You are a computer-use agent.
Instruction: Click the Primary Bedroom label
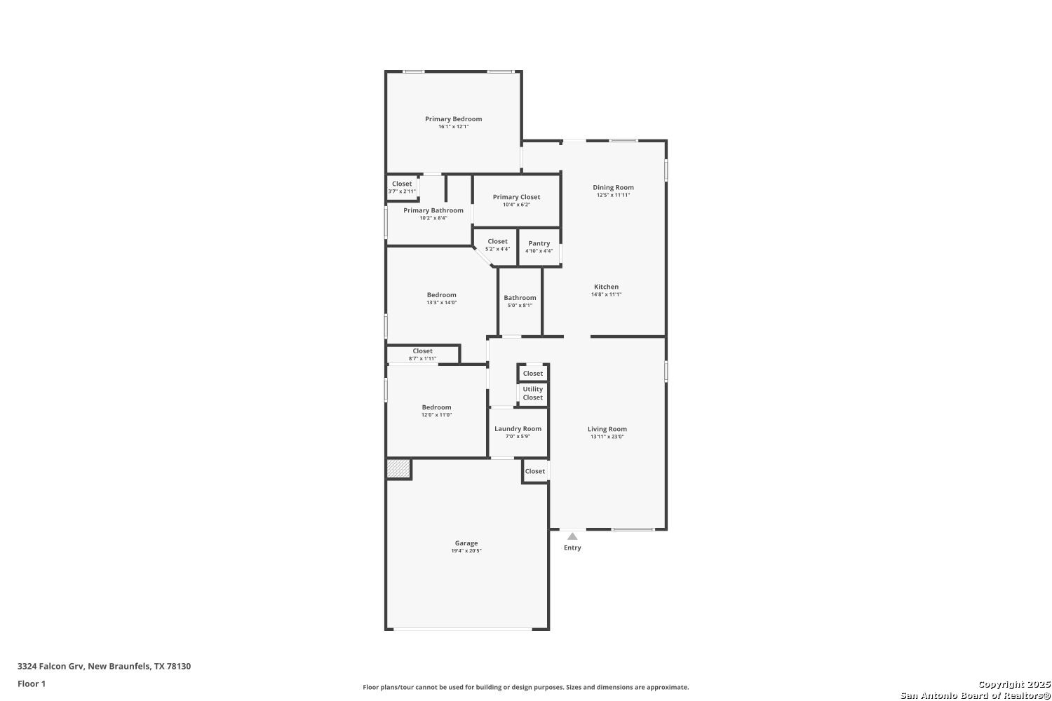(x=453, y=118)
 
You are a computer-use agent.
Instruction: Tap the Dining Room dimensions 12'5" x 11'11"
(x=613, y=195)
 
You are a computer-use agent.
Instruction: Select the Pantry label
(x=539, y=243)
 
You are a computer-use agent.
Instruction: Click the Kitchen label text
(x=606, y=287)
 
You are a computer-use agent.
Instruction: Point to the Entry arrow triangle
(x=572, y=536)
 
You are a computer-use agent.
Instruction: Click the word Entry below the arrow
(x=572, y=547)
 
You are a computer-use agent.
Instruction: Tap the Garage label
(x=466, y=543)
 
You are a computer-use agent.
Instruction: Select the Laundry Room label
(x=518, y=429)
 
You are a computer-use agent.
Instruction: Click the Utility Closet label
(x=532, y=393)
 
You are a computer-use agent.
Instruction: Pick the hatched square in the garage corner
(x=399, y=468)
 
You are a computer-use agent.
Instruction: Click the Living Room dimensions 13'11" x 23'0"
(x=607, y=437)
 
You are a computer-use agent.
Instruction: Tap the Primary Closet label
(x=516, y=197)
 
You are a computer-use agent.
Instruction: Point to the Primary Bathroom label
(x=433, y=210)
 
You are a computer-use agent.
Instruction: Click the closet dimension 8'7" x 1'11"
(x=422, y=359)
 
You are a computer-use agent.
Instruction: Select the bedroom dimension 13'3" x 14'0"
(x=441, y=302)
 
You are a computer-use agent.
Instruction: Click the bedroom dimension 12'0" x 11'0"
(x=436, y=414)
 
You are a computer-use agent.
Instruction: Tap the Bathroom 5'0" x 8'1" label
(x=520, y=301)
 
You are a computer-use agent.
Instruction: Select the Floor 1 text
(x=32, y=683)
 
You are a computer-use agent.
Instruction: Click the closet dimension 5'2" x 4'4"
(x=497, y=249)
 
